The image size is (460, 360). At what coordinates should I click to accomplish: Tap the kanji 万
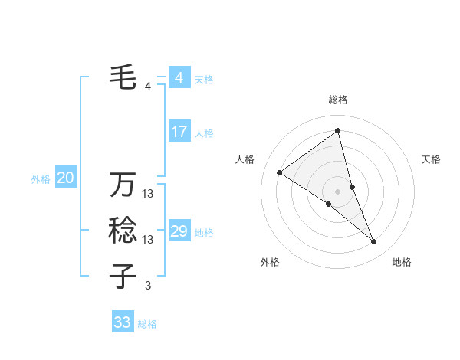(123, 185)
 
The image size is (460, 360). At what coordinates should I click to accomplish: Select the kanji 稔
(123, 230)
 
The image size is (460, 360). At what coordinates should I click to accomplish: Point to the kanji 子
(123, 275)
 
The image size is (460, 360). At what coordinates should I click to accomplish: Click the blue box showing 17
(179, 132)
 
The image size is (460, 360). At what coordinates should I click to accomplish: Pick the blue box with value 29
(179, 231)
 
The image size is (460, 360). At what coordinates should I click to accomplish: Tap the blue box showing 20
(66, 178)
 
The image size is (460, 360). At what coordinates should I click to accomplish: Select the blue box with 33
(123, 322)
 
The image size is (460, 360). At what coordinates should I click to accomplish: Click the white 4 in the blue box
(179, 78)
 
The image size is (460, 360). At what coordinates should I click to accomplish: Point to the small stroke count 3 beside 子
(148, 286)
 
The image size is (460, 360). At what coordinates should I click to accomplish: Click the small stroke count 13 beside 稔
(148, 240)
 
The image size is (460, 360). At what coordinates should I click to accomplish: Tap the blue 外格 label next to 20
(41, 179)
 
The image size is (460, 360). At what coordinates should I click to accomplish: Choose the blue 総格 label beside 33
(147, 324)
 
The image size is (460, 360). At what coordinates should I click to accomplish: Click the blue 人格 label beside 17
(204, 133)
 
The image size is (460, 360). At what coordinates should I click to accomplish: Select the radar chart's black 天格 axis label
(431, 159)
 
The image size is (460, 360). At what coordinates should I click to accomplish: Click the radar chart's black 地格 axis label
(402, 262)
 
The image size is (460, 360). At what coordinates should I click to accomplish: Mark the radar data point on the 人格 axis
(280, 172)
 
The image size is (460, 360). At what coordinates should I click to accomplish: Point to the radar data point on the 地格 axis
(374, 241)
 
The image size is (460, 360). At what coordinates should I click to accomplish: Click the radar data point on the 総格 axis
(337, 131)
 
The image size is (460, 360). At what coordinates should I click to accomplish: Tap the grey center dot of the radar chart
(337, 190)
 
